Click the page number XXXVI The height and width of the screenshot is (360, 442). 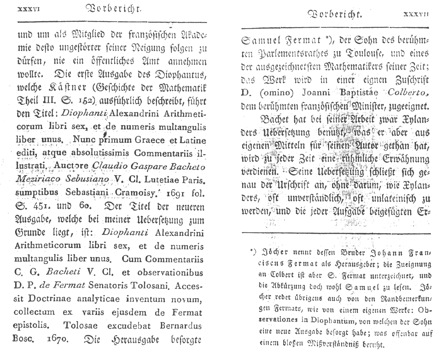coord(29,9)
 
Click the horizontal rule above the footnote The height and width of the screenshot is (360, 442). coord(336,233)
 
